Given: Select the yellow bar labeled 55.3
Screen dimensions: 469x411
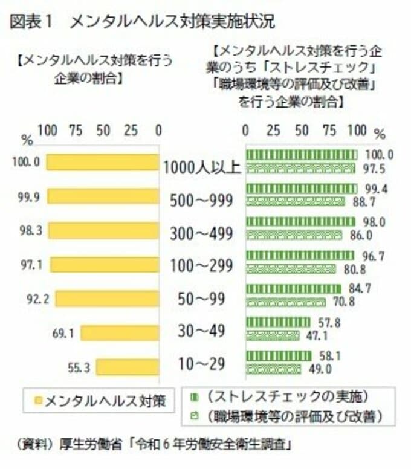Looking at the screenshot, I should coord(128,367).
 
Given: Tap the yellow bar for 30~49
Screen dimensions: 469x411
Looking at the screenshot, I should coord(120,333).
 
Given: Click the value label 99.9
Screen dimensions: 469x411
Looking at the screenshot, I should coord(28,196).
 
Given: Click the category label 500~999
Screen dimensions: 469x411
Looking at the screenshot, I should coord(202,201).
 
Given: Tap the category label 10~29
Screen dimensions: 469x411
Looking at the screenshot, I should coord(202,364).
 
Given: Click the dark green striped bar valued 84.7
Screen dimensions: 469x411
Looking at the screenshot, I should coord(294,289).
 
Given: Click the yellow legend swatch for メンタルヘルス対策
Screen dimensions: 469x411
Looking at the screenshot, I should coord(38,399).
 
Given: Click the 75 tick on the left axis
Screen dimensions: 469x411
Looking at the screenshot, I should coord(76,130).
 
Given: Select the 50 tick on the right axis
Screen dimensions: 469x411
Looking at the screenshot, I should coord(302,130).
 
